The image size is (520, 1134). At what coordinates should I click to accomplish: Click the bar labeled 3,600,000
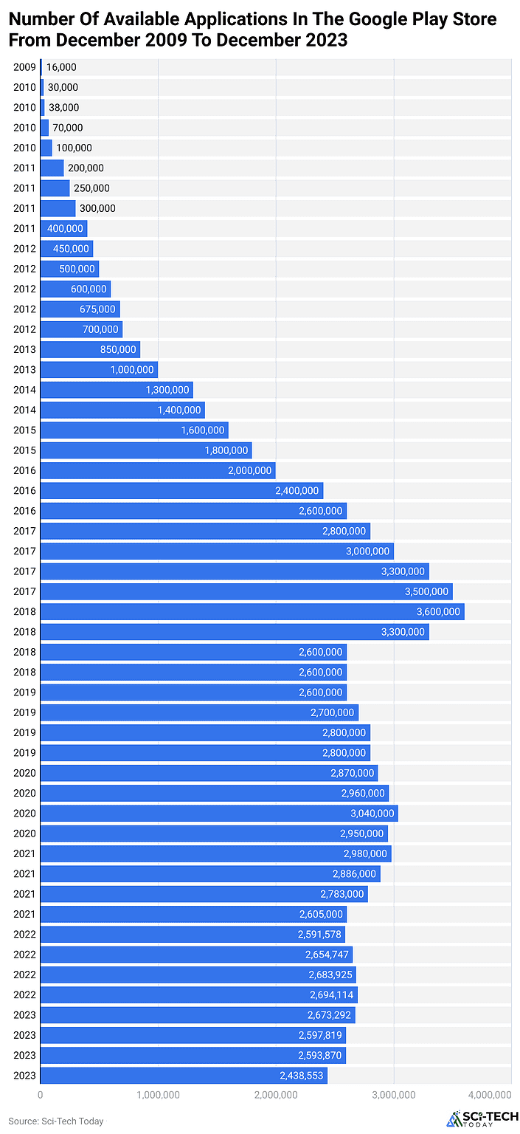tap(252, 611)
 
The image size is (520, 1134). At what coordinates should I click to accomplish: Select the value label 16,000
tap(61, 67)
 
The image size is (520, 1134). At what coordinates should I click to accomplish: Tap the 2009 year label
tap(24, 67)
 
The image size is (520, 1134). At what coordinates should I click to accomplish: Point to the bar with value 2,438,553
tap(183, 1076)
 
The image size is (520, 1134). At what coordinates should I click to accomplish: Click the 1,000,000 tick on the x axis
tap(158, 1094)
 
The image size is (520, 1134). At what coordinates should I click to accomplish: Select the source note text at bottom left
tap(56, 1121)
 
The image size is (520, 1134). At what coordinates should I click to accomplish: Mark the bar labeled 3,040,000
tap(218, 813)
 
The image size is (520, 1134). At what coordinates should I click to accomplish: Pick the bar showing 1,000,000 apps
tap(99, 369)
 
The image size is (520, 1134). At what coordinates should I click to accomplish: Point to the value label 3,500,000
tap(426, 591)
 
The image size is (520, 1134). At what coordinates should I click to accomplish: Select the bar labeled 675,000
tap(80, 309)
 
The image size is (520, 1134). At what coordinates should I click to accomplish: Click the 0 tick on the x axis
tap(40, 1094)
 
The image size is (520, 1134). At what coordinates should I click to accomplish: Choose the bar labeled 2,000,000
tap(157, 470)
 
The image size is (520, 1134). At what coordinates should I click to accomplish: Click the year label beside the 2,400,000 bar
tap(24, 490)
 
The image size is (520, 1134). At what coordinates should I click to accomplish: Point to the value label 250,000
tap(91, 188)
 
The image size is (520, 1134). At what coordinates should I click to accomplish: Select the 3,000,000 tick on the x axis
tap(393, 1094)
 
